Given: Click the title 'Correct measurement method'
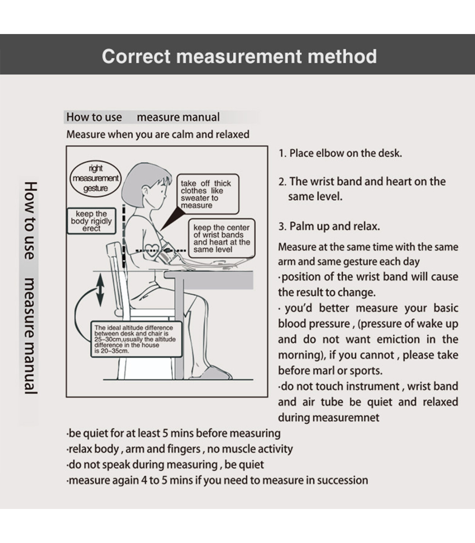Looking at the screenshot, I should (x=239, y=56).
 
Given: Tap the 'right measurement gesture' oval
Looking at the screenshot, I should (x=95, y=178).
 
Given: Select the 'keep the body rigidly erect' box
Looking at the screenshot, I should (x=91, y=221).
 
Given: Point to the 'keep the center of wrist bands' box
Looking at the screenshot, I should (x=221, y=238).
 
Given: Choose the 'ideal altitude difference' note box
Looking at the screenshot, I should (x=136, y=339).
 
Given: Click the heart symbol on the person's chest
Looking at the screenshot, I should (x=151, y=249).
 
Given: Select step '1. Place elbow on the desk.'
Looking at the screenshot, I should (x=340, y=154).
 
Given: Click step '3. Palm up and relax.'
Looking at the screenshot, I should (x=329, y=226).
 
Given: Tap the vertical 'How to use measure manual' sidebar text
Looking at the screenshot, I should (x=30, y=288).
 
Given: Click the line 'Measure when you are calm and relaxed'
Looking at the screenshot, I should (x=158, y=135).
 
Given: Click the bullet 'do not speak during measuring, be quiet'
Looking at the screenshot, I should (x=165, y=465).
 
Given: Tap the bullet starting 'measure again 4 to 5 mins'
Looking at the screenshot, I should (x=217, y=480).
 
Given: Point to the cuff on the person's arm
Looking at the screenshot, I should (x=167, y=255).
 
